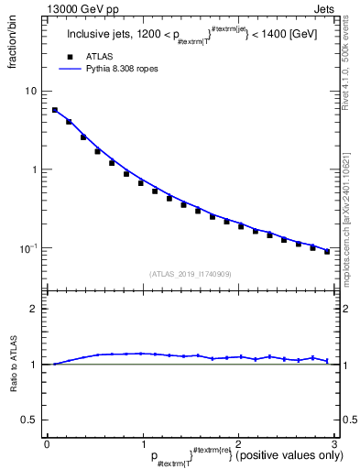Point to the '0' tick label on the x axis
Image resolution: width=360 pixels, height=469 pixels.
[x=47, y=444]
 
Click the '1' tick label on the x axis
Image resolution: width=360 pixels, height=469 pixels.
[x=142, y=444]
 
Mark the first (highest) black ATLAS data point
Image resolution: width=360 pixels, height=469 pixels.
[x=55, y=110]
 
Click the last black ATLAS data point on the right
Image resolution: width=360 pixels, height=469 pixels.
[x=327, y=251]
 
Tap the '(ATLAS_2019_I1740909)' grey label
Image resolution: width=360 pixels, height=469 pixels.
[x=190, y=273]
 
